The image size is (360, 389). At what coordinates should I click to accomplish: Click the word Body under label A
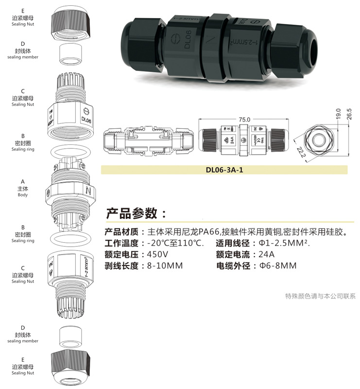(x=23, y=195)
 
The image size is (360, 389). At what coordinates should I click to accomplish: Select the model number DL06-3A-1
(x=224, y=170)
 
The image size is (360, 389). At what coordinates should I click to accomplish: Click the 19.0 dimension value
(x=338, y=114)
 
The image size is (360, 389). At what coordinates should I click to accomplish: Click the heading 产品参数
(x=132, y=213)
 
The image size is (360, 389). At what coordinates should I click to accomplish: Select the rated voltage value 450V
(x=157, y=254)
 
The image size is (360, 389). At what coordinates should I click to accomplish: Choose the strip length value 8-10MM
(x=165, y=266)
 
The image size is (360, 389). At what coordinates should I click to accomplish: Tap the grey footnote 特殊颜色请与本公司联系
(x=320, y=296)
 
